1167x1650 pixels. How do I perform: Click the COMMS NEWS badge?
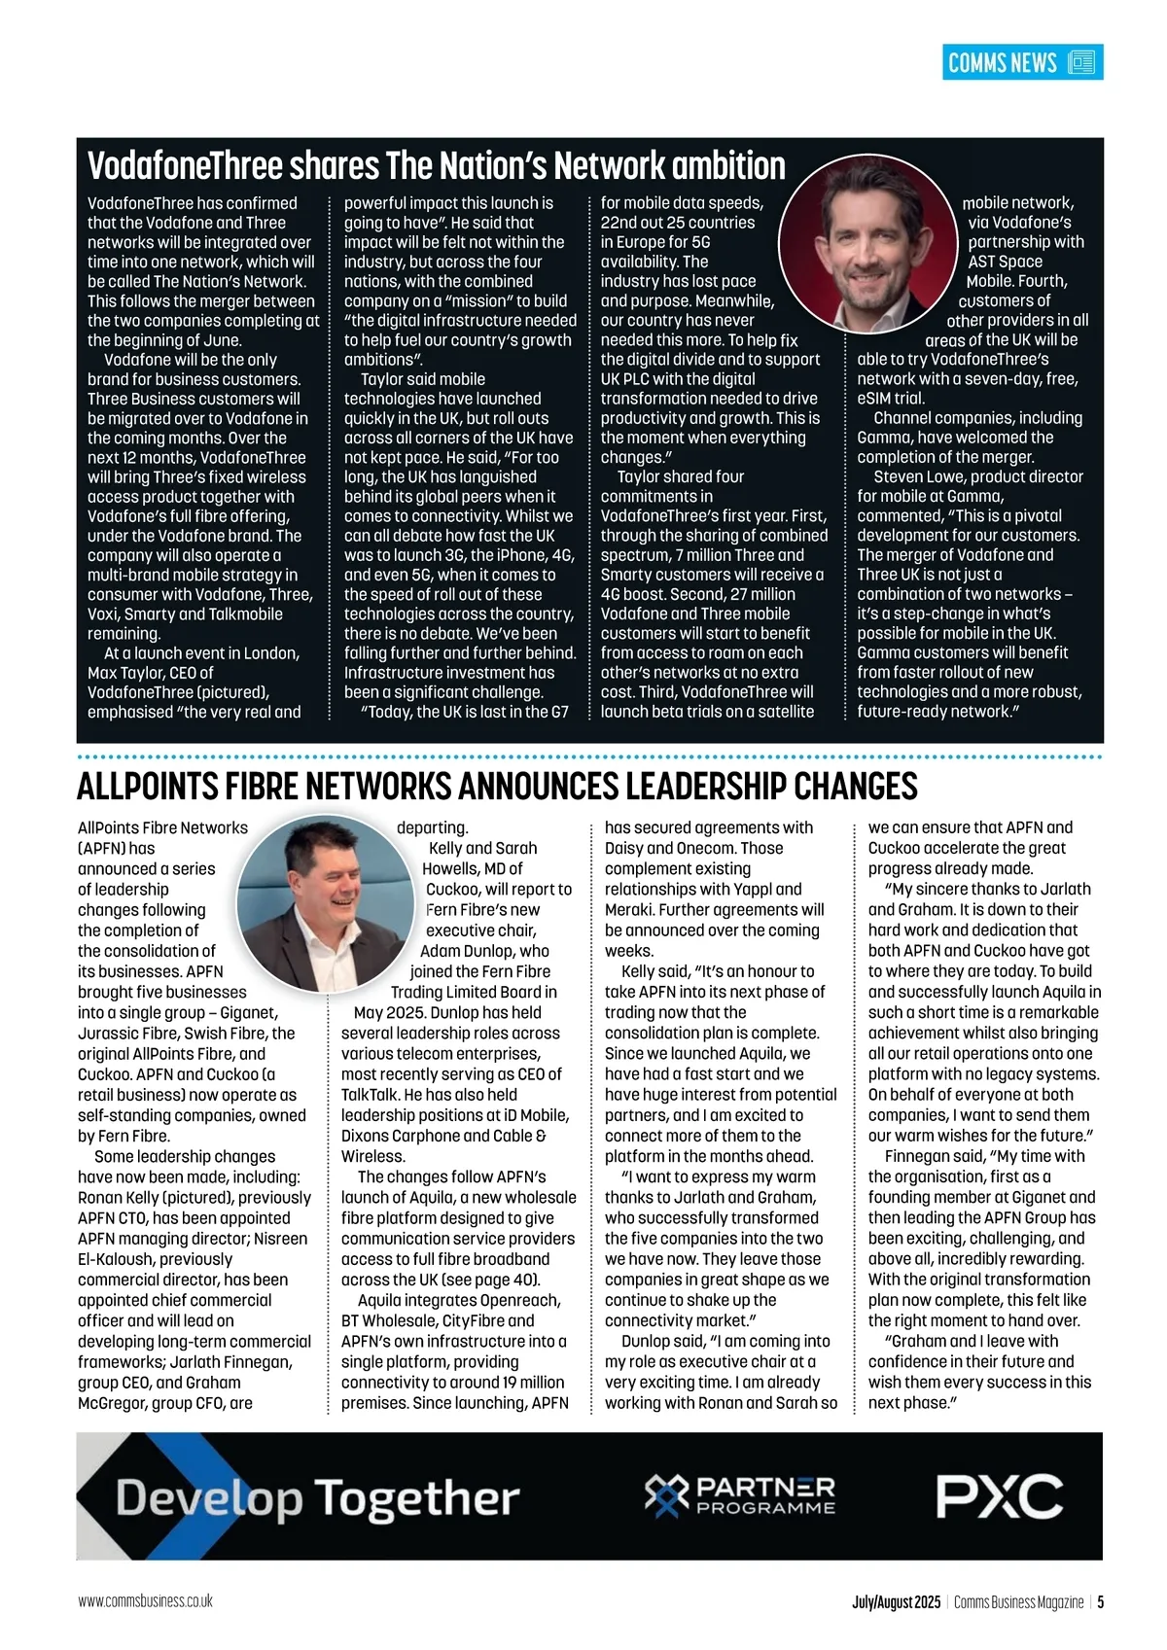(x=1022, y=63)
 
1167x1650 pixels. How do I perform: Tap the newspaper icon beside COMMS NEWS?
(x=1081, y=63)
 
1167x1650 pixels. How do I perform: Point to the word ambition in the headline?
(x=727, y=166)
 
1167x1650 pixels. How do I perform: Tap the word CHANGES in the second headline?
(x=856, y=786)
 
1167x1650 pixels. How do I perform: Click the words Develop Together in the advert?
(x=318, y=1498)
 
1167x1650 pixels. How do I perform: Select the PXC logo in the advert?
(x=999, y=1495)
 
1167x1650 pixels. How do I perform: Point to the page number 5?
(x=1100, y=1602)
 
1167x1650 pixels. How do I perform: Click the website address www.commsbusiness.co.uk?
(x=146, y=1601)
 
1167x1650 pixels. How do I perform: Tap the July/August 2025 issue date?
(x=896, y=1602)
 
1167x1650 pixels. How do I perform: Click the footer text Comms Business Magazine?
(x=1018, y=1602)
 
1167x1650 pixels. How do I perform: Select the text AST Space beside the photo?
(x=1005, y=262)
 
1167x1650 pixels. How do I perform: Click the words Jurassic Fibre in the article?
(x=127, y=1034)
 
